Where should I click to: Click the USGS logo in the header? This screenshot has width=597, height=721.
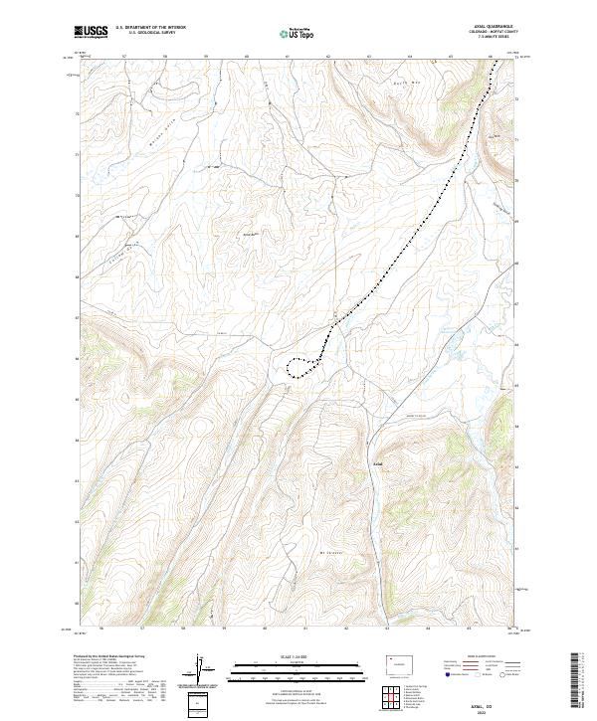click(x=91, y=32)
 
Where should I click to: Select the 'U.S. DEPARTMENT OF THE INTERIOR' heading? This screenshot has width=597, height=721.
click(x=151, y=28)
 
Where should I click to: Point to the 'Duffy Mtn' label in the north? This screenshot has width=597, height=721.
click(x=397, y=84)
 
